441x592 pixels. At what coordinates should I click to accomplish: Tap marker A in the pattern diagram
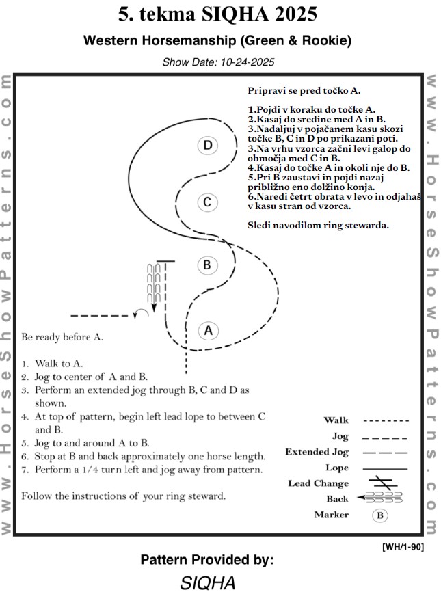(x=209, y=331)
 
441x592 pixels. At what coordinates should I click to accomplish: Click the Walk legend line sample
(x=385, y=420)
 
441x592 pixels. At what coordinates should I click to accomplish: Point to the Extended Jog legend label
(x=317, y=452)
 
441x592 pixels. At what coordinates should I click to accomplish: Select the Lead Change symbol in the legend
(x=385, y=483)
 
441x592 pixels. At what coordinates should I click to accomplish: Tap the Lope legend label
(x=336, y=468)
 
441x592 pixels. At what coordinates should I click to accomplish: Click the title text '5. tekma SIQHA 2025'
(x=219, y=15)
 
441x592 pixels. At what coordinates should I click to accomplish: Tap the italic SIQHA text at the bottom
(x=208, y=582)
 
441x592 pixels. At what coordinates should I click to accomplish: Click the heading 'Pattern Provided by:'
(x=206, y=560)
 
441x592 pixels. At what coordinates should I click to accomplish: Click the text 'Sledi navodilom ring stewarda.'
(x=319, y=224)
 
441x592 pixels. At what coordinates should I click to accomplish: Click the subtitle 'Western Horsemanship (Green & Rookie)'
(x=217, y=41)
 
